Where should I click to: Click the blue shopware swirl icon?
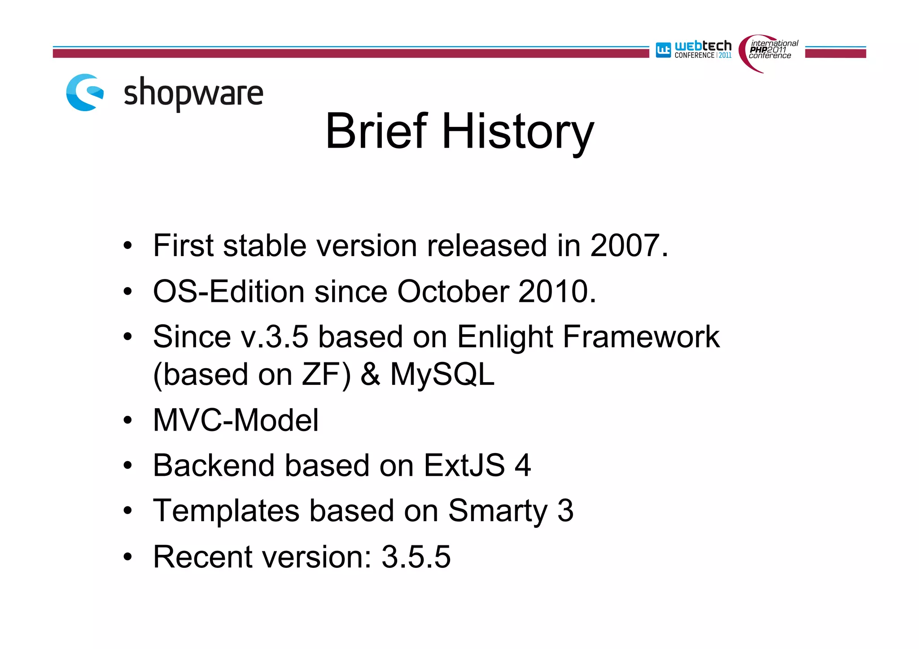click(x=85, y=92)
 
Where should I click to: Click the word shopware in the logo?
click(x=193, y=93)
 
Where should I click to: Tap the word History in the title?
click(x=518, y=131)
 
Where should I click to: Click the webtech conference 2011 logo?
click(x=694, y=50)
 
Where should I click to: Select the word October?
click(x=453, y=292)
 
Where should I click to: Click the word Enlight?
click(x=504, y=337)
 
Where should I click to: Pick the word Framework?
click(x=641, y=337)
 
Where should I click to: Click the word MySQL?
click(x=442, y=375)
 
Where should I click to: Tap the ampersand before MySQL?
click(x=371, y=375)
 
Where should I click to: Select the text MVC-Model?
click(x=236, y=420)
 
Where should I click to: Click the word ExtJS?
click(x=464, y=465)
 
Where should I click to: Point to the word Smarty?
click(x=498, y=512)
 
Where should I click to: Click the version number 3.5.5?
click(x=416, y=557)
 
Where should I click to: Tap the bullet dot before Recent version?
click(x=128, y=557)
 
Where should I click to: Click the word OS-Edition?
click(x=229, y=292)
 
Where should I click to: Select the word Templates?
click(x=226, y=511)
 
